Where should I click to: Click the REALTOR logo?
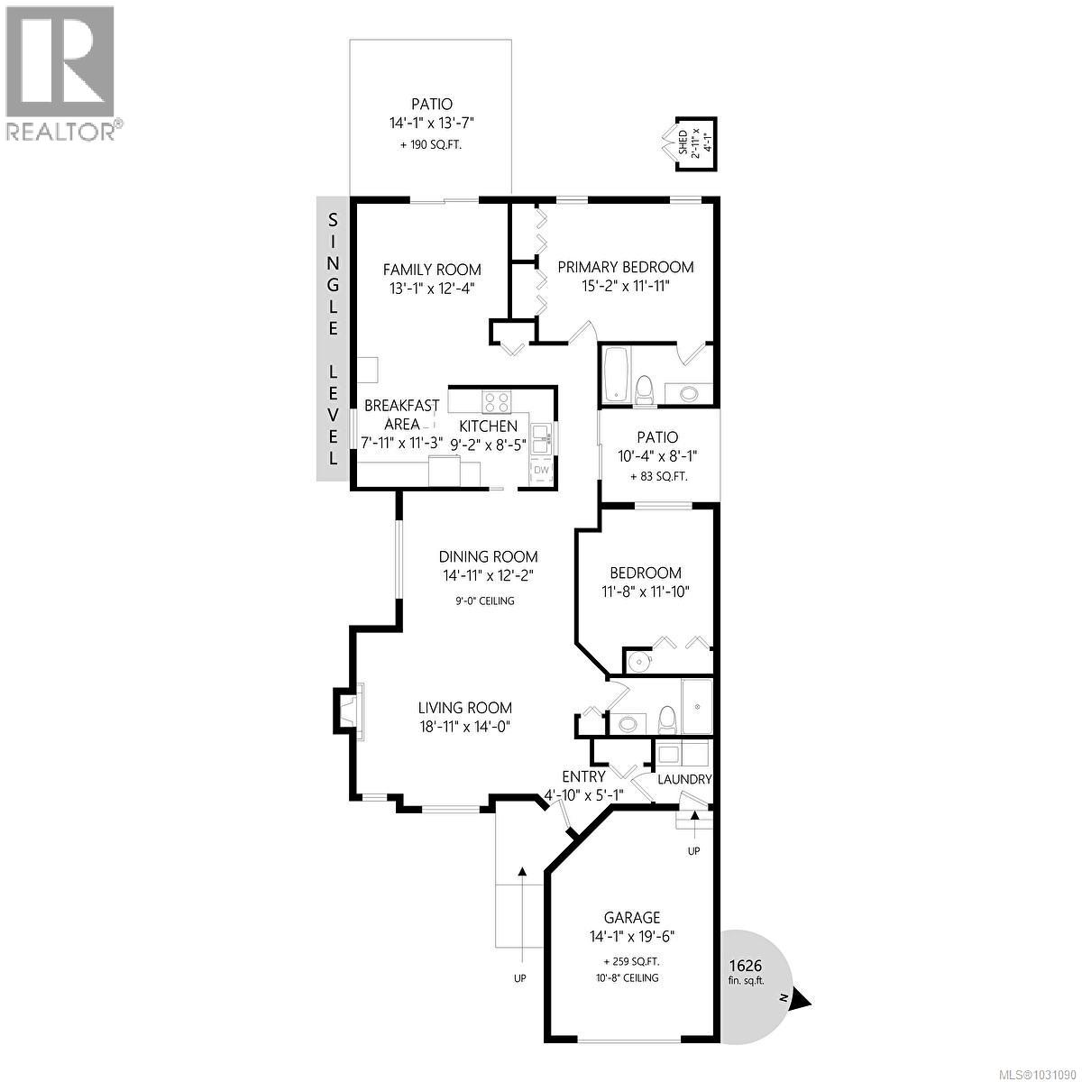(61, 72)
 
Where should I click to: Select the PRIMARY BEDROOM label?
(625, 267)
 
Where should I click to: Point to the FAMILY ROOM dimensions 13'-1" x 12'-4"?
(431, 288)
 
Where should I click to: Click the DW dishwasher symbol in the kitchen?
(542, 471)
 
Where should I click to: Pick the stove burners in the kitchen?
(495, 400)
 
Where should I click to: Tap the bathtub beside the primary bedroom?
(617, 373)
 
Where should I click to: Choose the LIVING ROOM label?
(464, 708)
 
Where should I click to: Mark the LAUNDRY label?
(684, 780)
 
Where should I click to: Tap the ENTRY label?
(583, 777)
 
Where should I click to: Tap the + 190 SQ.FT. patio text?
(429, 144)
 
